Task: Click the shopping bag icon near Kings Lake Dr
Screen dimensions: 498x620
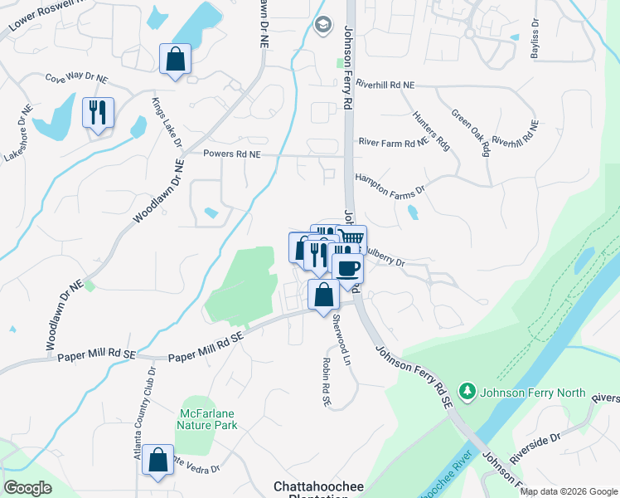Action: pos(175,59)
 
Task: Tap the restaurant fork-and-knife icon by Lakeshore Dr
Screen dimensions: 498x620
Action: pos(98,113)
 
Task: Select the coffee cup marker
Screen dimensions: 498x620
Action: pos(347,267)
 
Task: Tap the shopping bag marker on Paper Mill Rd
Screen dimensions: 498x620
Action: pos(322,295)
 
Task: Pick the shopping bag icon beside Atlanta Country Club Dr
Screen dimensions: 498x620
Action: pos(157,461)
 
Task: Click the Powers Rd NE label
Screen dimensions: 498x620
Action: pos(232,154)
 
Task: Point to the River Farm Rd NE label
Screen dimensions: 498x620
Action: pos(393,143)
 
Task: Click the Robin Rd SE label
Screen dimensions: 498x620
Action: pos(326,383)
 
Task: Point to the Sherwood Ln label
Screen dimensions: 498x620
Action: pos(340,330)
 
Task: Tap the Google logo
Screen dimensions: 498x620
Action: pos(27,487)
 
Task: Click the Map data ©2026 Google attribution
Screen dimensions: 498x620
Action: pos(568,491)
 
